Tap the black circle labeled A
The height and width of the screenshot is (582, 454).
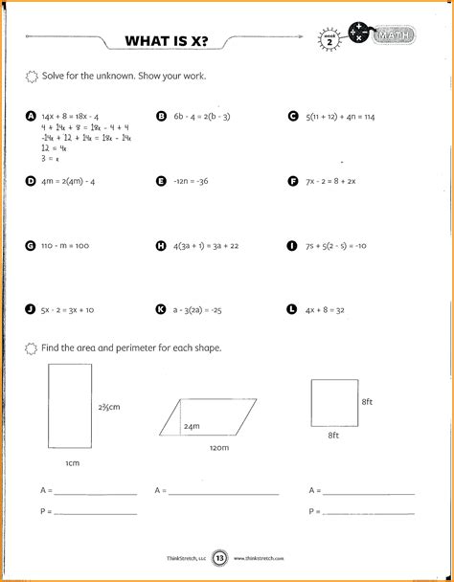[31, 116]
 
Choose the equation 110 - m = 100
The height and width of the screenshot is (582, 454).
[64, 246]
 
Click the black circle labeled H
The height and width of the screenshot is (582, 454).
[160, 246]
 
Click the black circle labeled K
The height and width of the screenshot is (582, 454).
[160, 310]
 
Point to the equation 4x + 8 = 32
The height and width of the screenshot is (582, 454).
[329, 310]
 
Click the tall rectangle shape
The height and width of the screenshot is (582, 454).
[66, 409]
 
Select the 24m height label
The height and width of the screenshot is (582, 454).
[192, 426]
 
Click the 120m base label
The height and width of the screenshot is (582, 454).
[220, 447]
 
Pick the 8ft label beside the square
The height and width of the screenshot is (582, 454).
[367, 405]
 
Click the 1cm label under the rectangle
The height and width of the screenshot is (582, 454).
[72, 462]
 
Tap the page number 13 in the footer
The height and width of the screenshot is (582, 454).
[219, 558]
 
